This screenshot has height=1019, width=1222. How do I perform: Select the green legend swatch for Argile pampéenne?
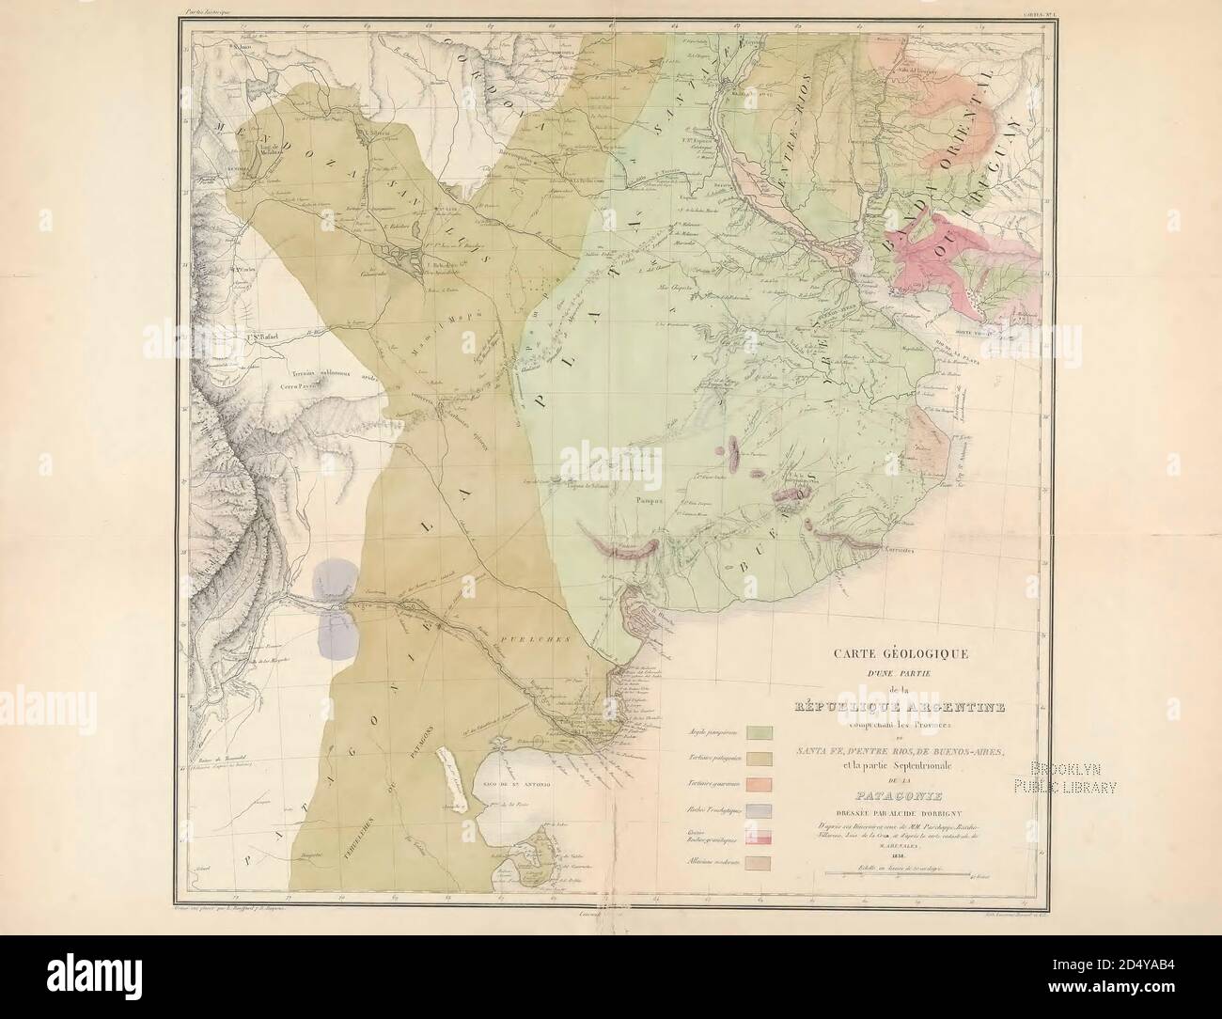pos(759,730)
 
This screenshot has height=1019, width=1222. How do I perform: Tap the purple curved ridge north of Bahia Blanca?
pos(619,546)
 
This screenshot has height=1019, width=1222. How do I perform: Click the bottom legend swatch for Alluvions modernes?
pos(759,862)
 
